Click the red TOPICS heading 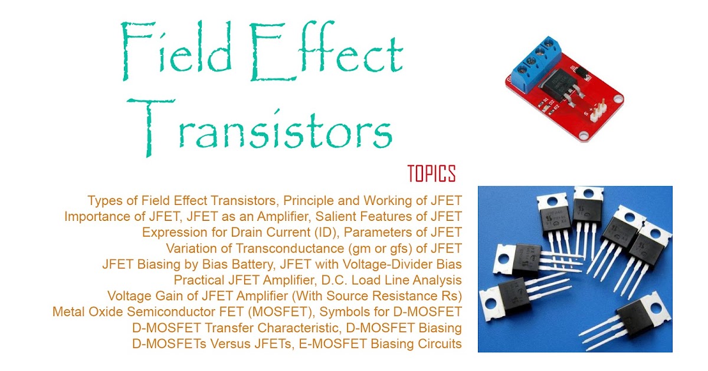(x=431, y=174)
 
